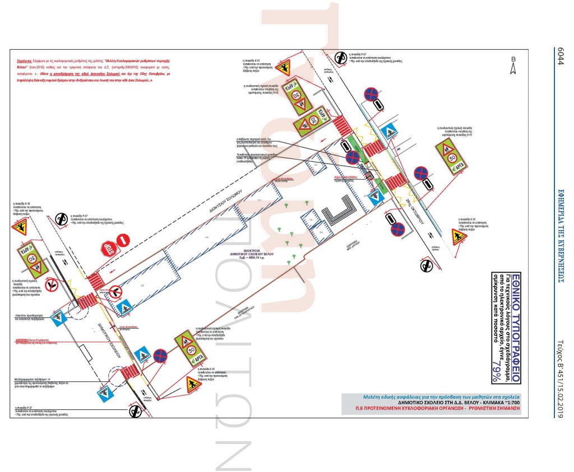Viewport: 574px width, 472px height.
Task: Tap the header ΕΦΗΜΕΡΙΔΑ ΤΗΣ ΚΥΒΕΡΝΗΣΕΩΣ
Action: click(559, 235)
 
